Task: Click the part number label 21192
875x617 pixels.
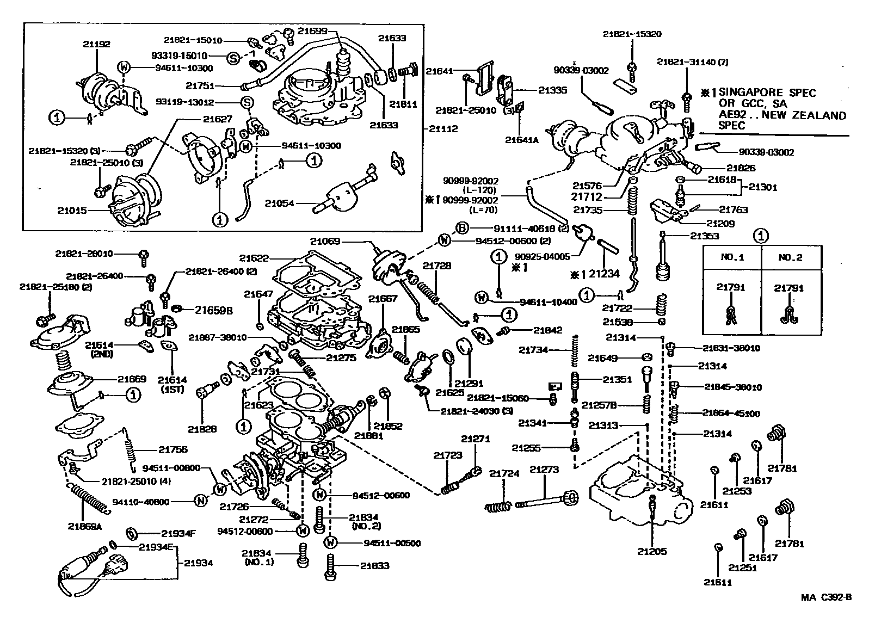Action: (96, 44)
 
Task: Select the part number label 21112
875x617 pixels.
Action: (443, 129)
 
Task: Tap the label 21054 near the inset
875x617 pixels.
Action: (280, 203)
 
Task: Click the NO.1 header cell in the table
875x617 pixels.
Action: (732, 258)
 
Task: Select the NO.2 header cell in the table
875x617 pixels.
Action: (789, 258)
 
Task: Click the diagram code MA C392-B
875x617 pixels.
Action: (825, 597)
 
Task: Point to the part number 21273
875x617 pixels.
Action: (544, 470)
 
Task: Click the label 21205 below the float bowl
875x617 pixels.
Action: (652, 551)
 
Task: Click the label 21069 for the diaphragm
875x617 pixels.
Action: (325, 240)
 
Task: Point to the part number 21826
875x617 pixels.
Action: (741, 168)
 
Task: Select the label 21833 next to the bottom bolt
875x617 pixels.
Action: (374, 566)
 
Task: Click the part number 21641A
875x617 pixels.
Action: (522, 139)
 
